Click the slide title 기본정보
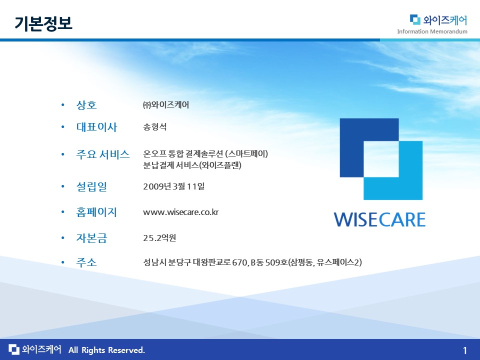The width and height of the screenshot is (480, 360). click(43, 23)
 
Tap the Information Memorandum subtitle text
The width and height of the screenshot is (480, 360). click(432, 31)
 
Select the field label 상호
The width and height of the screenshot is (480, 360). click(86, 105)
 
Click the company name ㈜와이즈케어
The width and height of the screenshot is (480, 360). click(166, 104)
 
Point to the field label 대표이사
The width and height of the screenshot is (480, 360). click(96, 127)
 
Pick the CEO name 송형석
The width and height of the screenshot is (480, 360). click(155, 126)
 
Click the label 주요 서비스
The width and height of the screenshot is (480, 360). click(103, 154)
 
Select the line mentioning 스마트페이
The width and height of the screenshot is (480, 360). click(205, 153)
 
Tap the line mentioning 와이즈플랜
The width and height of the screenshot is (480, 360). click(192, 165)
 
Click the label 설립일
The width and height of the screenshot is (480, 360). click(91, 186)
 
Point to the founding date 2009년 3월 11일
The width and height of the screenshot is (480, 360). click(174, 186)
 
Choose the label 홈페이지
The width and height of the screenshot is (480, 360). click(96, 212)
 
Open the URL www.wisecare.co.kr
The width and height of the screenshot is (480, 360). click(180, 212)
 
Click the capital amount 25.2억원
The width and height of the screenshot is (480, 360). click(159, 238)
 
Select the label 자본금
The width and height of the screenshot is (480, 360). click(91, 238)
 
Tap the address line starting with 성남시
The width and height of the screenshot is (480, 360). click(252, 262)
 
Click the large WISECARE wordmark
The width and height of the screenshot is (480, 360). click(379, 219)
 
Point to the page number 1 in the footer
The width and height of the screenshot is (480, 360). click(464, 350)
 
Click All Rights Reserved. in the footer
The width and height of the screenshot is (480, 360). click(106, 350)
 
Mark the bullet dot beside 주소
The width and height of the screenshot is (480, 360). click(63, 262)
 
